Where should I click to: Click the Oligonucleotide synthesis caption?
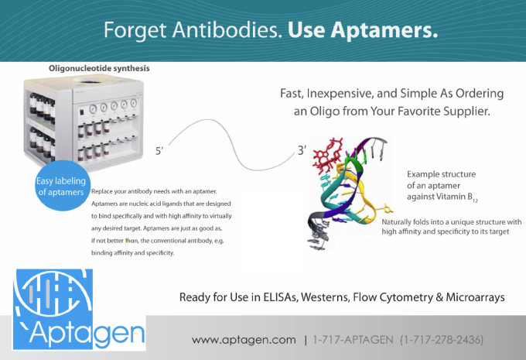[99, 69]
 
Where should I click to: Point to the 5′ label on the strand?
[159, 152]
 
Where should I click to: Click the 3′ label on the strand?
[302, 150]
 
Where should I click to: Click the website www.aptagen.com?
[244, 340]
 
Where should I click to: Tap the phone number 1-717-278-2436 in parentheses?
[447, 340]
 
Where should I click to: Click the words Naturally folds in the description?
[408, 222]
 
